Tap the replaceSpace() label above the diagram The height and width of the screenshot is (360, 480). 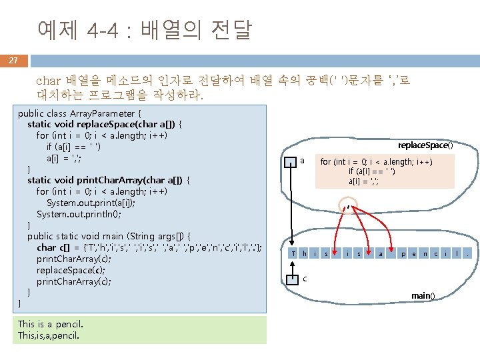425,145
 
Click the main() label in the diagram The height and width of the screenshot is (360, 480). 423,295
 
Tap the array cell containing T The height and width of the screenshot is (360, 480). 293,253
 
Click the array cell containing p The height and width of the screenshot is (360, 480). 403,253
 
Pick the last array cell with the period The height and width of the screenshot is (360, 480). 469,253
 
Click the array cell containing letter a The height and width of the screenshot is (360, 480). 381,253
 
